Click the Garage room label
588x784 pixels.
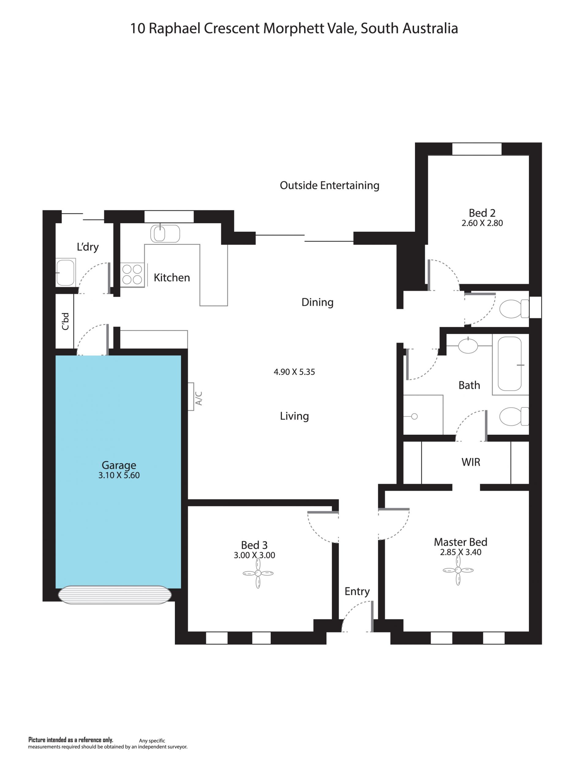(x=119, y=465)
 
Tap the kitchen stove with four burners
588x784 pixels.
(x=132, y=275)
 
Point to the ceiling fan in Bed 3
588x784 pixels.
(x=258, y=573)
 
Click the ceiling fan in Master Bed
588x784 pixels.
(x=458, y=570)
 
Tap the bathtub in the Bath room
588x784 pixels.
(x=510, y=364)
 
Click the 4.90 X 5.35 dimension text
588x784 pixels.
(x=294, y=372)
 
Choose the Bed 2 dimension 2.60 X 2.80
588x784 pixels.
(x=482, y=223)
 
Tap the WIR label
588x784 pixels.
(x=471, y=462)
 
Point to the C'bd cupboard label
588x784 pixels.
(x=65, y=321)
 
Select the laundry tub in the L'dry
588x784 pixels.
(x=66, y=272)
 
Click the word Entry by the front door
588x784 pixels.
(x=357, y=591)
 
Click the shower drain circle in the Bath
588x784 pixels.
(x=414, y=416)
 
